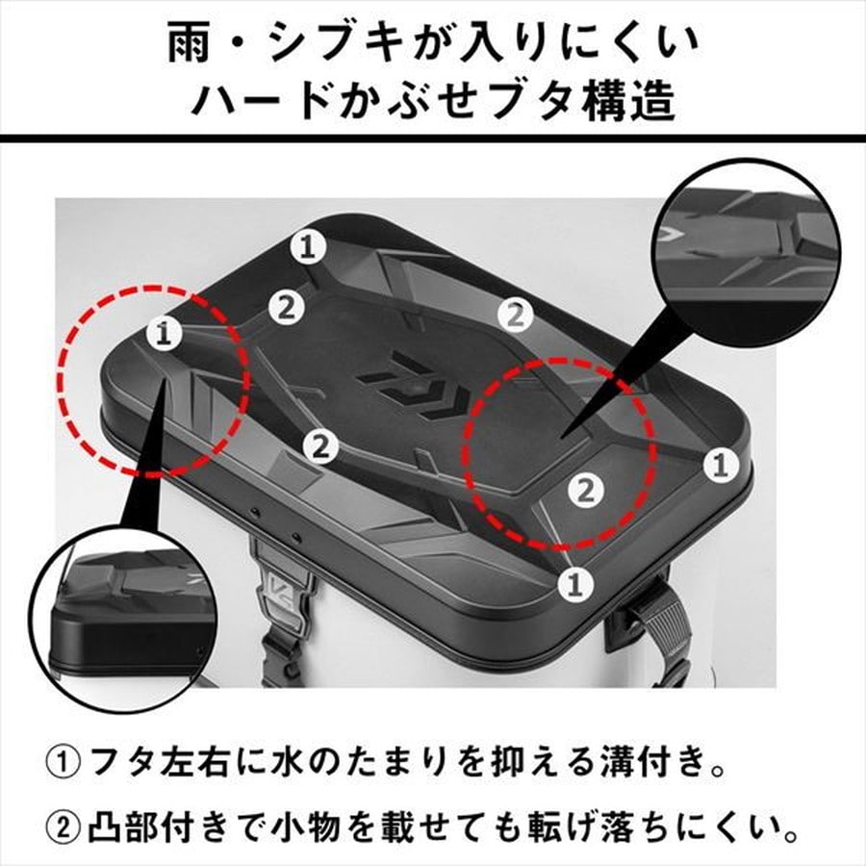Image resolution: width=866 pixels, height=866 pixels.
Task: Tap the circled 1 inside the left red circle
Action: coord(164,333)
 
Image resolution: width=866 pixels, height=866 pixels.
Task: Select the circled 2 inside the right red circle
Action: coord(585,490)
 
